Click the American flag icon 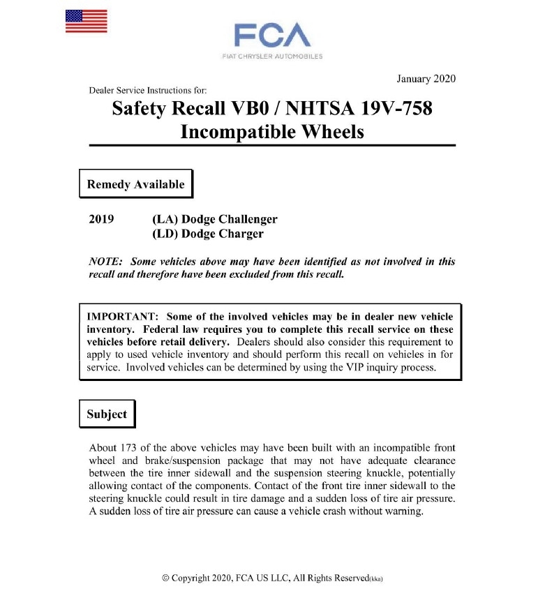[86, 21]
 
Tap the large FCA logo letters [271, 35]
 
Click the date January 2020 [425, 78]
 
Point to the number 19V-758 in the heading [396, 110]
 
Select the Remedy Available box [135, 184]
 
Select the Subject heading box [107, 414]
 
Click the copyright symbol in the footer [165, 578]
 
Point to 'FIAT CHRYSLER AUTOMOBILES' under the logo [271, 57]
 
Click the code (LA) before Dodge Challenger [163, 219]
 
